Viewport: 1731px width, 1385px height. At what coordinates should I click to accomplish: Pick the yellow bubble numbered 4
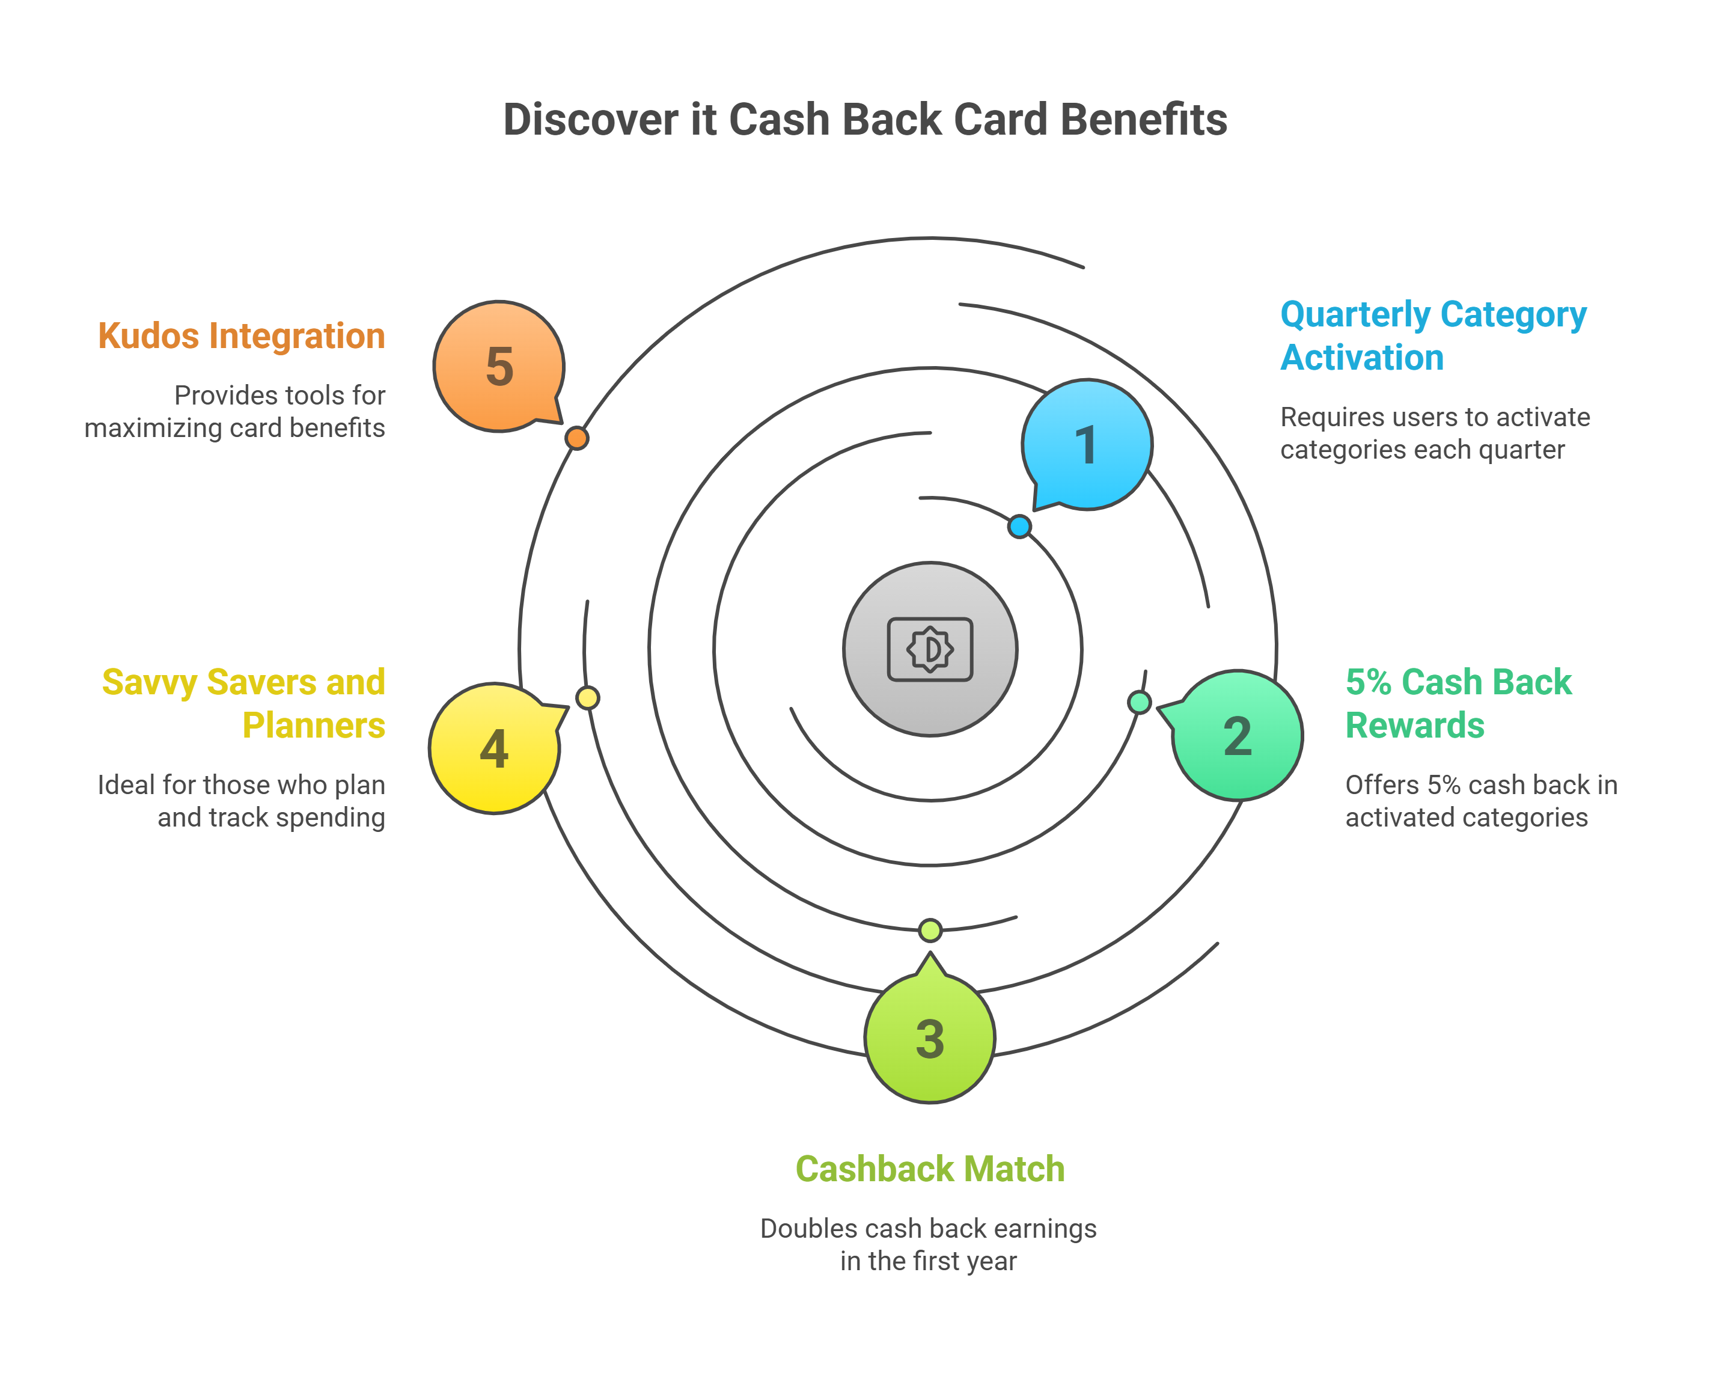(x=494, y=748)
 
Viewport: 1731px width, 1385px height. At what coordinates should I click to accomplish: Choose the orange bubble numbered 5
(x=499, y=366)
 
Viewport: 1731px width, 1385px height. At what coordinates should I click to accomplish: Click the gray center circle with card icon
(x=930, y=649)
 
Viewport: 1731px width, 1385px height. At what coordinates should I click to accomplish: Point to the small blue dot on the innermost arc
(x=1019, y=527)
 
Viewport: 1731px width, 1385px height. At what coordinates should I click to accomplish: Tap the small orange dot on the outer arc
(x=576, y=438)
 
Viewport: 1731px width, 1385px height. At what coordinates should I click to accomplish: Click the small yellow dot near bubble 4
(x=588, y=698)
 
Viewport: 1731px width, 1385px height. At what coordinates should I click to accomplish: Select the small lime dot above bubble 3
(x=930, y=930)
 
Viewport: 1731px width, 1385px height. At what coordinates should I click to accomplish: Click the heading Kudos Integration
(x=241, y=335)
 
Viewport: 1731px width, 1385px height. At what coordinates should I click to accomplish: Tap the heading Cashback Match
(x=930, y=1169)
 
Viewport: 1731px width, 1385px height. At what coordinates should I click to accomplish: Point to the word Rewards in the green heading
(x=1415, y=725)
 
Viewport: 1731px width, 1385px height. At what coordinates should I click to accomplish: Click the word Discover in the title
(x=591, y=120)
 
